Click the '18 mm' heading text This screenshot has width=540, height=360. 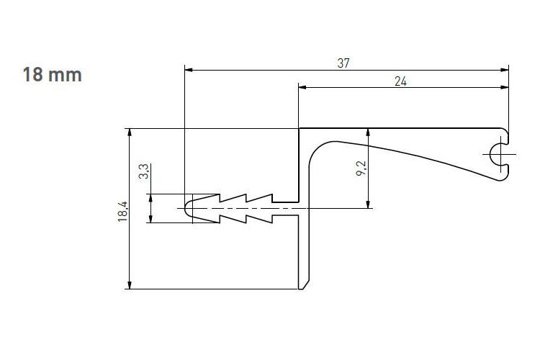(53, 75)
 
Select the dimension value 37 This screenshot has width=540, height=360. (343, 63)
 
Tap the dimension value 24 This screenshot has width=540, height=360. (400, 81)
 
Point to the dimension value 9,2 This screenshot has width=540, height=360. (361, 168)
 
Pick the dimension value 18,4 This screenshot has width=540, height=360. (122, 212)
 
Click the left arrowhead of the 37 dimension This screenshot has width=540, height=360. (189, 70)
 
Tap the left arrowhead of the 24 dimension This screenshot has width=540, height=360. (302, 88)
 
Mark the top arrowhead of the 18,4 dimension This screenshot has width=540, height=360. (130, 132)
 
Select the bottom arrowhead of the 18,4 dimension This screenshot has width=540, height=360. (130, 285)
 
